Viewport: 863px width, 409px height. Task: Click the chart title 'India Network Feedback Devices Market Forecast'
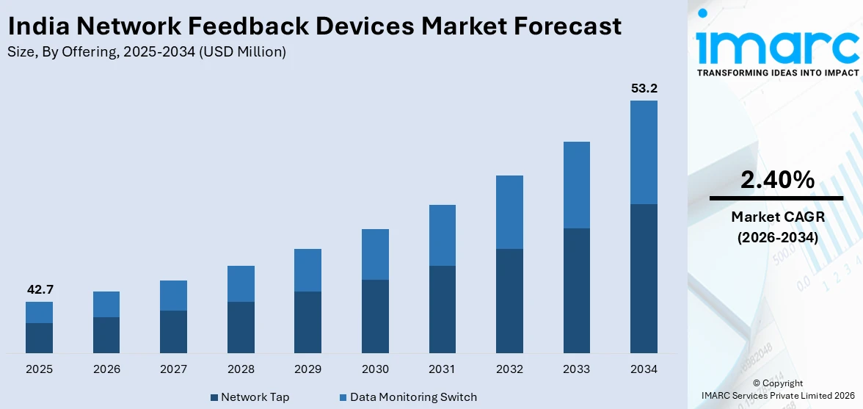[314, 26]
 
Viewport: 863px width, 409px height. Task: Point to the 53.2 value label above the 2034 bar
[644, 89]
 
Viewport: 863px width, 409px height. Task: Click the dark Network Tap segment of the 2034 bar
[644, 278]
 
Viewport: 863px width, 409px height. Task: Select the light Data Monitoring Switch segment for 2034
[644, 152]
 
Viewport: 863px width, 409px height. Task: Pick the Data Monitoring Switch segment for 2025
[39, 312]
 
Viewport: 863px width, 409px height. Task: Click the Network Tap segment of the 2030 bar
[375, 316]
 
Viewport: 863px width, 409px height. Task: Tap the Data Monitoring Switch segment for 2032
[509, 212]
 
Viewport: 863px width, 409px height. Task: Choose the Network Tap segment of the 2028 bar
[241, 327]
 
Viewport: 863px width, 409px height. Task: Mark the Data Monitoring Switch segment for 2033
[577, 185]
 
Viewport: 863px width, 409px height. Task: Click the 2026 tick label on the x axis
[106, 369]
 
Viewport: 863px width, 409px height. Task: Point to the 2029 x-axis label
[308, 369]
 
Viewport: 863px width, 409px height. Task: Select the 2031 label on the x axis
[443, 369]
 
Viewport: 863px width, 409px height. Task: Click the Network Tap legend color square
[214, 397]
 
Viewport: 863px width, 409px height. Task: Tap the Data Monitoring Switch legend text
[413, 397]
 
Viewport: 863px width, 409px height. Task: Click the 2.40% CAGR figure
[776, 180]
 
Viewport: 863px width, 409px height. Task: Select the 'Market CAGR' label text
[776, 217]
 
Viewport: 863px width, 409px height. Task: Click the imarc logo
[776, 44]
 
